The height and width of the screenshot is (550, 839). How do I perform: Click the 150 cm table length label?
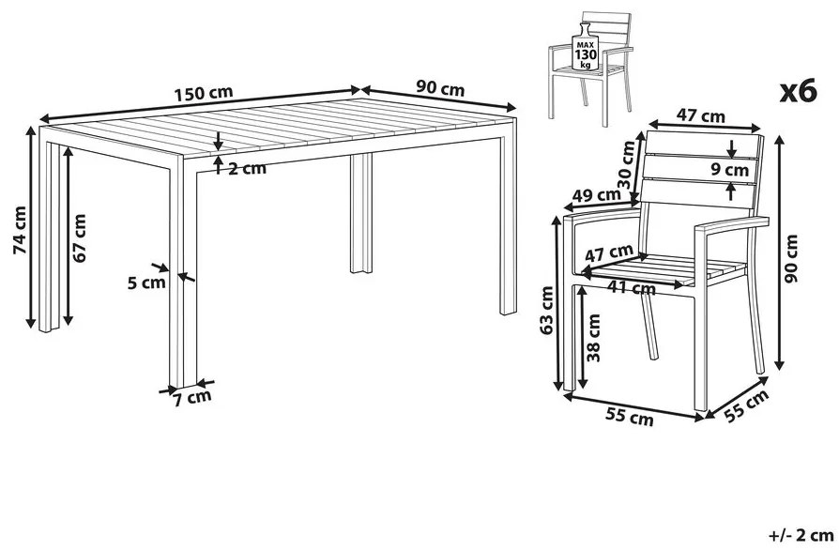204,93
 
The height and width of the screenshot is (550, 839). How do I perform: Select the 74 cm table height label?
20,230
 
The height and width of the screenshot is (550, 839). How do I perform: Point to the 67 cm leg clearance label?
79,238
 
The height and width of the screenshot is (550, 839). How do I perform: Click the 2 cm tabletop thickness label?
247,169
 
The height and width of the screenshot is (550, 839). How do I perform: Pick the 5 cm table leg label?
146,282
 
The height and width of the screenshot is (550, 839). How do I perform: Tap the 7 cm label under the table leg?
192,398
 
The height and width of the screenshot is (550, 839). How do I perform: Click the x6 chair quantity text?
799,90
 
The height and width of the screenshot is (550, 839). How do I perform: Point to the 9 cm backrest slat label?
730,170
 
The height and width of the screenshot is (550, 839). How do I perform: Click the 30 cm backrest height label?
627,163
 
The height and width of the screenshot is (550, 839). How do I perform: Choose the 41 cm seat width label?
632,288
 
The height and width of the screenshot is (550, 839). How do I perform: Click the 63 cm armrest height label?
546,311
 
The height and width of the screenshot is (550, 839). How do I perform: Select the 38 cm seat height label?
593,338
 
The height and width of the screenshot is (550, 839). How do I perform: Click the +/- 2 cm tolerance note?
801,535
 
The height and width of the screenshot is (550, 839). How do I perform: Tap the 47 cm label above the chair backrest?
700,115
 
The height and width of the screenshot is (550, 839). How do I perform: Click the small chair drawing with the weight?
590,69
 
